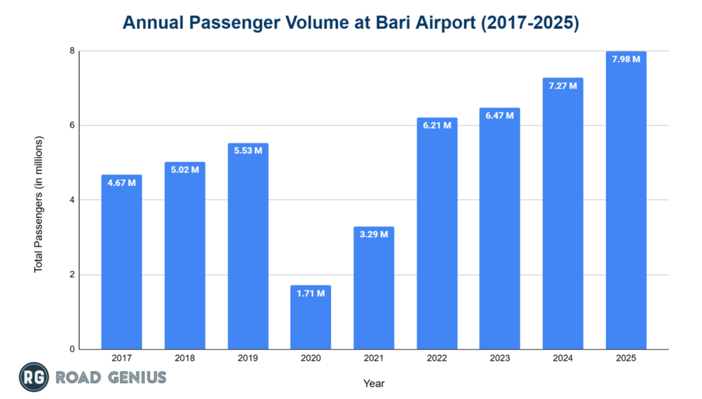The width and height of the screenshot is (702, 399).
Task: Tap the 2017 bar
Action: click(x=121, y=267)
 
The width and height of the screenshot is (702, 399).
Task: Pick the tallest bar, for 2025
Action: click(x=626, y=206)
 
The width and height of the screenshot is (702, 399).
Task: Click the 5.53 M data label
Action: click(x=247, y=150)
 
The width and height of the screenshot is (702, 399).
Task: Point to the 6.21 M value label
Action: click(x=437, y=125)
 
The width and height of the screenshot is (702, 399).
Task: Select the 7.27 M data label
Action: click(x=563, y=85)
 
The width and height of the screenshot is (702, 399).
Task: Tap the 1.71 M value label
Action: click(x=311, y=293)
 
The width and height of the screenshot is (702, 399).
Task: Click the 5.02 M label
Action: click(x=184, y=169)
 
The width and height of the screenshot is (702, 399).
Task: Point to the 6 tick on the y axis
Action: click(x=72, y=125)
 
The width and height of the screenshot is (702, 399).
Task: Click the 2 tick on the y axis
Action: click(x=72, y=275)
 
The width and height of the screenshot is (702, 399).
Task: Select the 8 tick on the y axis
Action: click(x=72, y=51)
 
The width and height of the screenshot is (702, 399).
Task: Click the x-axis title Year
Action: click(x=374, y=383)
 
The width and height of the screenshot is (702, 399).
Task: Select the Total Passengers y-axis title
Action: click(x=38, y=204)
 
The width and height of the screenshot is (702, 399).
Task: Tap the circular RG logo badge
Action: click(x=31, y=377)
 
